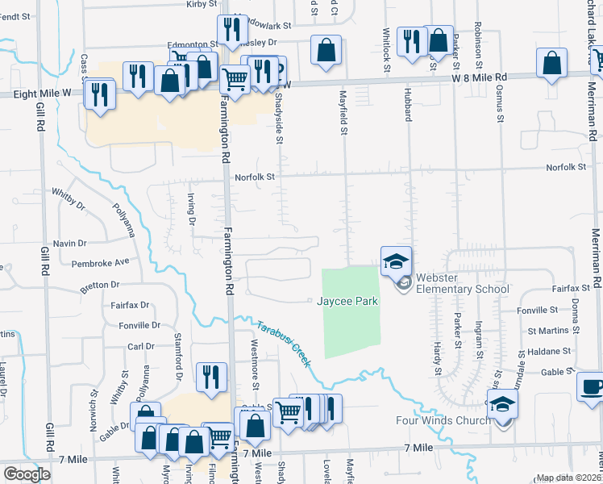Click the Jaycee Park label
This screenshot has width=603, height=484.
coord(347,301)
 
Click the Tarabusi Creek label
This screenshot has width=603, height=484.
coord(284,343)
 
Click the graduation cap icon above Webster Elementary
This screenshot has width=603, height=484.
coord(396,261)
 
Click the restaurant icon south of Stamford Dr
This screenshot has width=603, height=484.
coord(211,377)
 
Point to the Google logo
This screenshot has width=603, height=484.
coord(27,474)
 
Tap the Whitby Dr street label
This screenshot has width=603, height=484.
coord(68,198)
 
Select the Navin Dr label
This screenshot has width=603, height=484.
coord(69,243)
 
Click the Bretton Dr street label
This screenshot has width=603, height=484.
coord(100,285)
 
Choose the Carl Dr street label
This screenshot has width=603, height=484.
coord(140,346)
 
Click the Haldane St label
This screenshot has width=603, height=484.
coord(549,351)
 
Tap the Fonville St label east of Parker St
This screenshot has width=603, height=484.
coord(538,310)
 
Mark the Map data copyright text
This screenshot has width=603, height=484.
coord(569,478)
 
